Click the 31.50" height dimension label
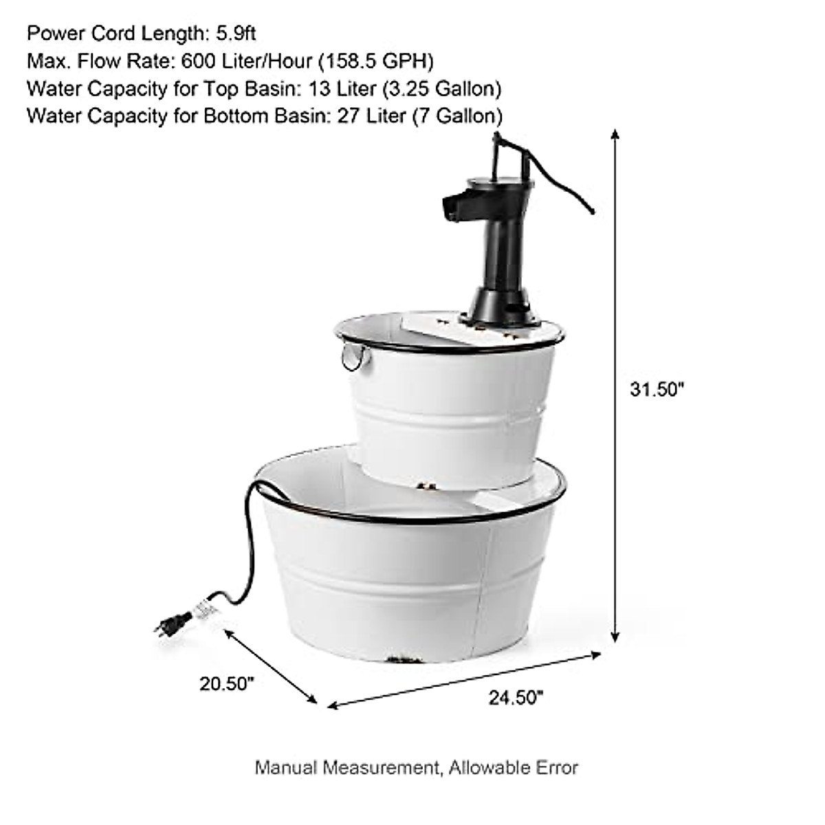click(657, 389)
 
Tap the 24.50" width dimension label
click(516, 697)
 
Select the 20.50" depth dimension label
click(227, 683)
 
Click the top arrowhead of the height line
click(615, 133)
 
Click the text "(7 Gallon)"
click(457, 115)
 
